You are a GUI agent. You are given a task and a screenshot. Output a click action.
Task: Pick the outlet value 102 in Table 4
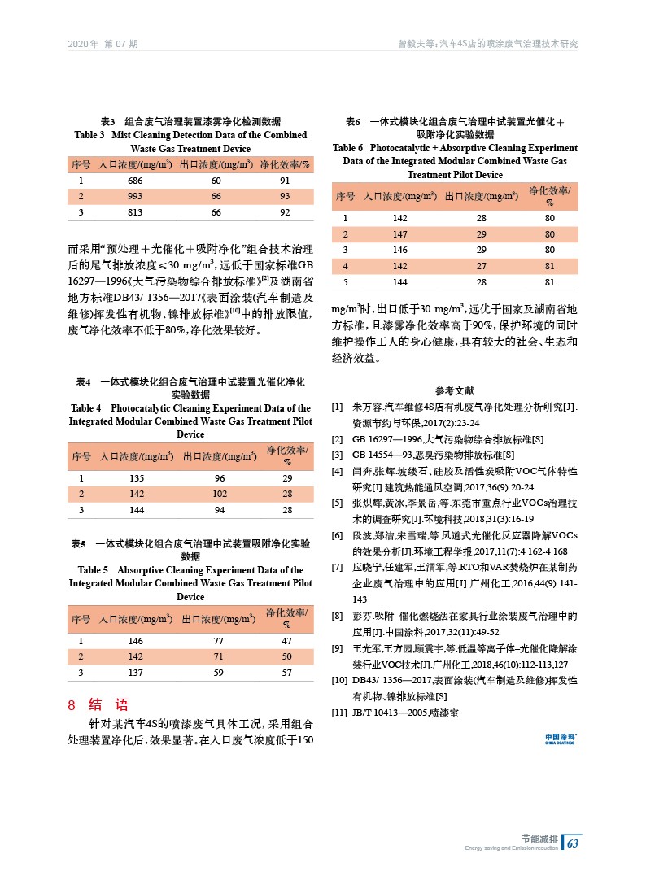pos(216,493)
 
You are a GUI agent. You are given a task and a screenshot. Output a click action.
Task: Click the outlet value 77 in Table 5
pos(216,641)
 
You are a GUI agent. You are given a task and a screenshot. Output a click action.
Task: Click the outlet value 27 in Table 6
pos(481,266)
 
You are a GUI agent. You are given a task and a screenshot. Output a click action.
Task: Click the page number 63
pos(573,843)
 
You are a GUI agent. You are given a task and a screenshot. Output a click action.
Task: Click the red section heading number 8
pos(72,704)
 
